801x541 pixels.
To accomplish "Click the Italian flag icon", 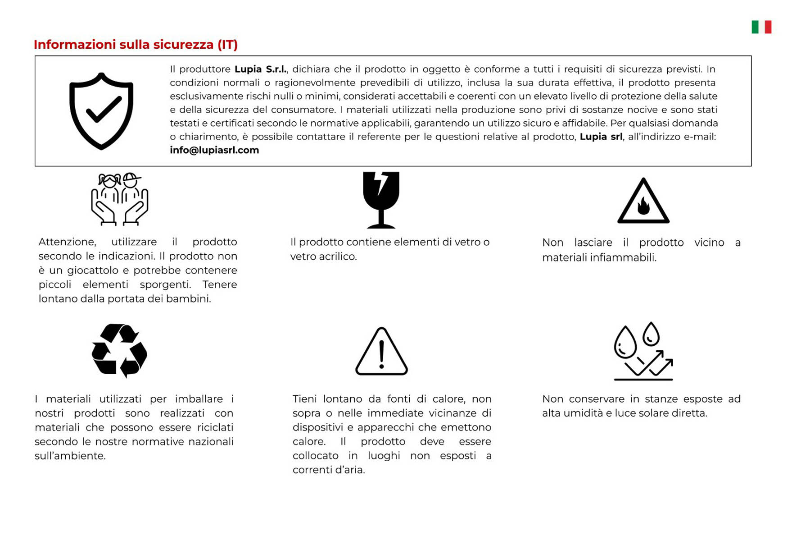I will (761, 27).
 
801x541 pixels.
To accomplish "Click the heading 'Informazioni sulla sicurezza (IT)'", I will (136, 45).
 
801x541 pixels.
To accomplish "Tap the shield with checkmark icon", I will (101, 111).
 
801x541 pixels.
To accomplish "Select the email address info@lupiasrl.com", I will (214, 150).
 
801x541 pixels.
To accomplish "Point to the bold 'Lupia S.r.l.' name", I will (260, 69).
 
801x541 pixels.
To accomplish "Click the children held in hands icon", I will (119, 199).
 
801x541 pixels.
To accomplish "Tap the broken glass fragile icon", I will (381, 200).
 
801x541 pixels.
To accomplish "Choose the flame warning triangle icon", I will (643, 202).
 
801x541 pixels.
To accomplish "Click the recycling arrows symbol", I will (119, 350).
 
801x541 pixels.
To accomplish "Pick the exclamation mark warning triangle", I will (381, 351).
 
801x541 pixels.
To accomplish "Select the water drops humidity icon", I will (643, 351).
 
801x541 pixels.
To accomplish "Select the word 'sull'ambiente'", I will (70, 456).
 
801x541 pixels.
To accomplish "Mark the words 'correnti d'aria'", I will (329, 470).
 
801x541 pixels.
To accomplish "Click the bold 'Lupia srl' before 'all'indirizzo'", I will (601, 137).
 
